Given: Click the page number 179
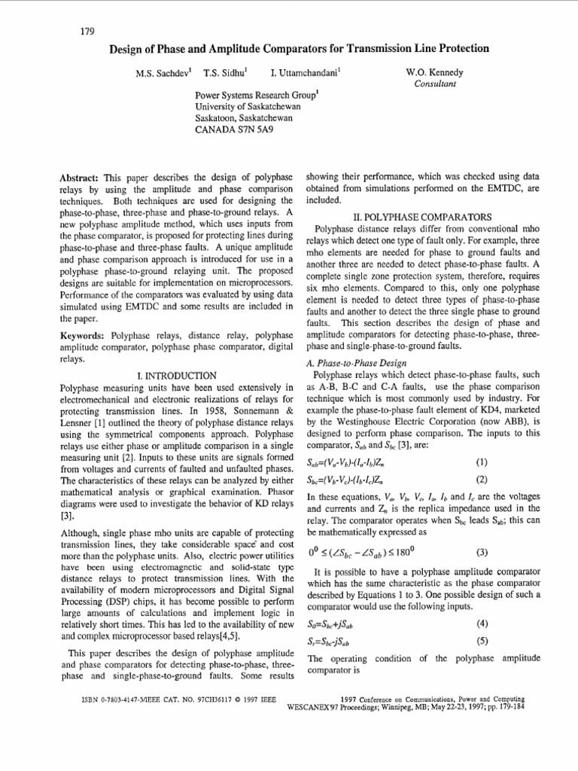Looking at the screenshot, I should point(86,31).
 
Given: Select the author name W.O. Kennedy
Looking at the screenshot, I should point(436,73).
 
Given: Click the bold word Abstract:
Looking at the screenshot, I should point(81,178).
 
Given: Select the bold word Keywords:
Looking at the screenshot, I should point(82,334).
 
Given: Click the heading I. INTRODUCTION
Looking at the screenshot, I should point(177,375).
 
